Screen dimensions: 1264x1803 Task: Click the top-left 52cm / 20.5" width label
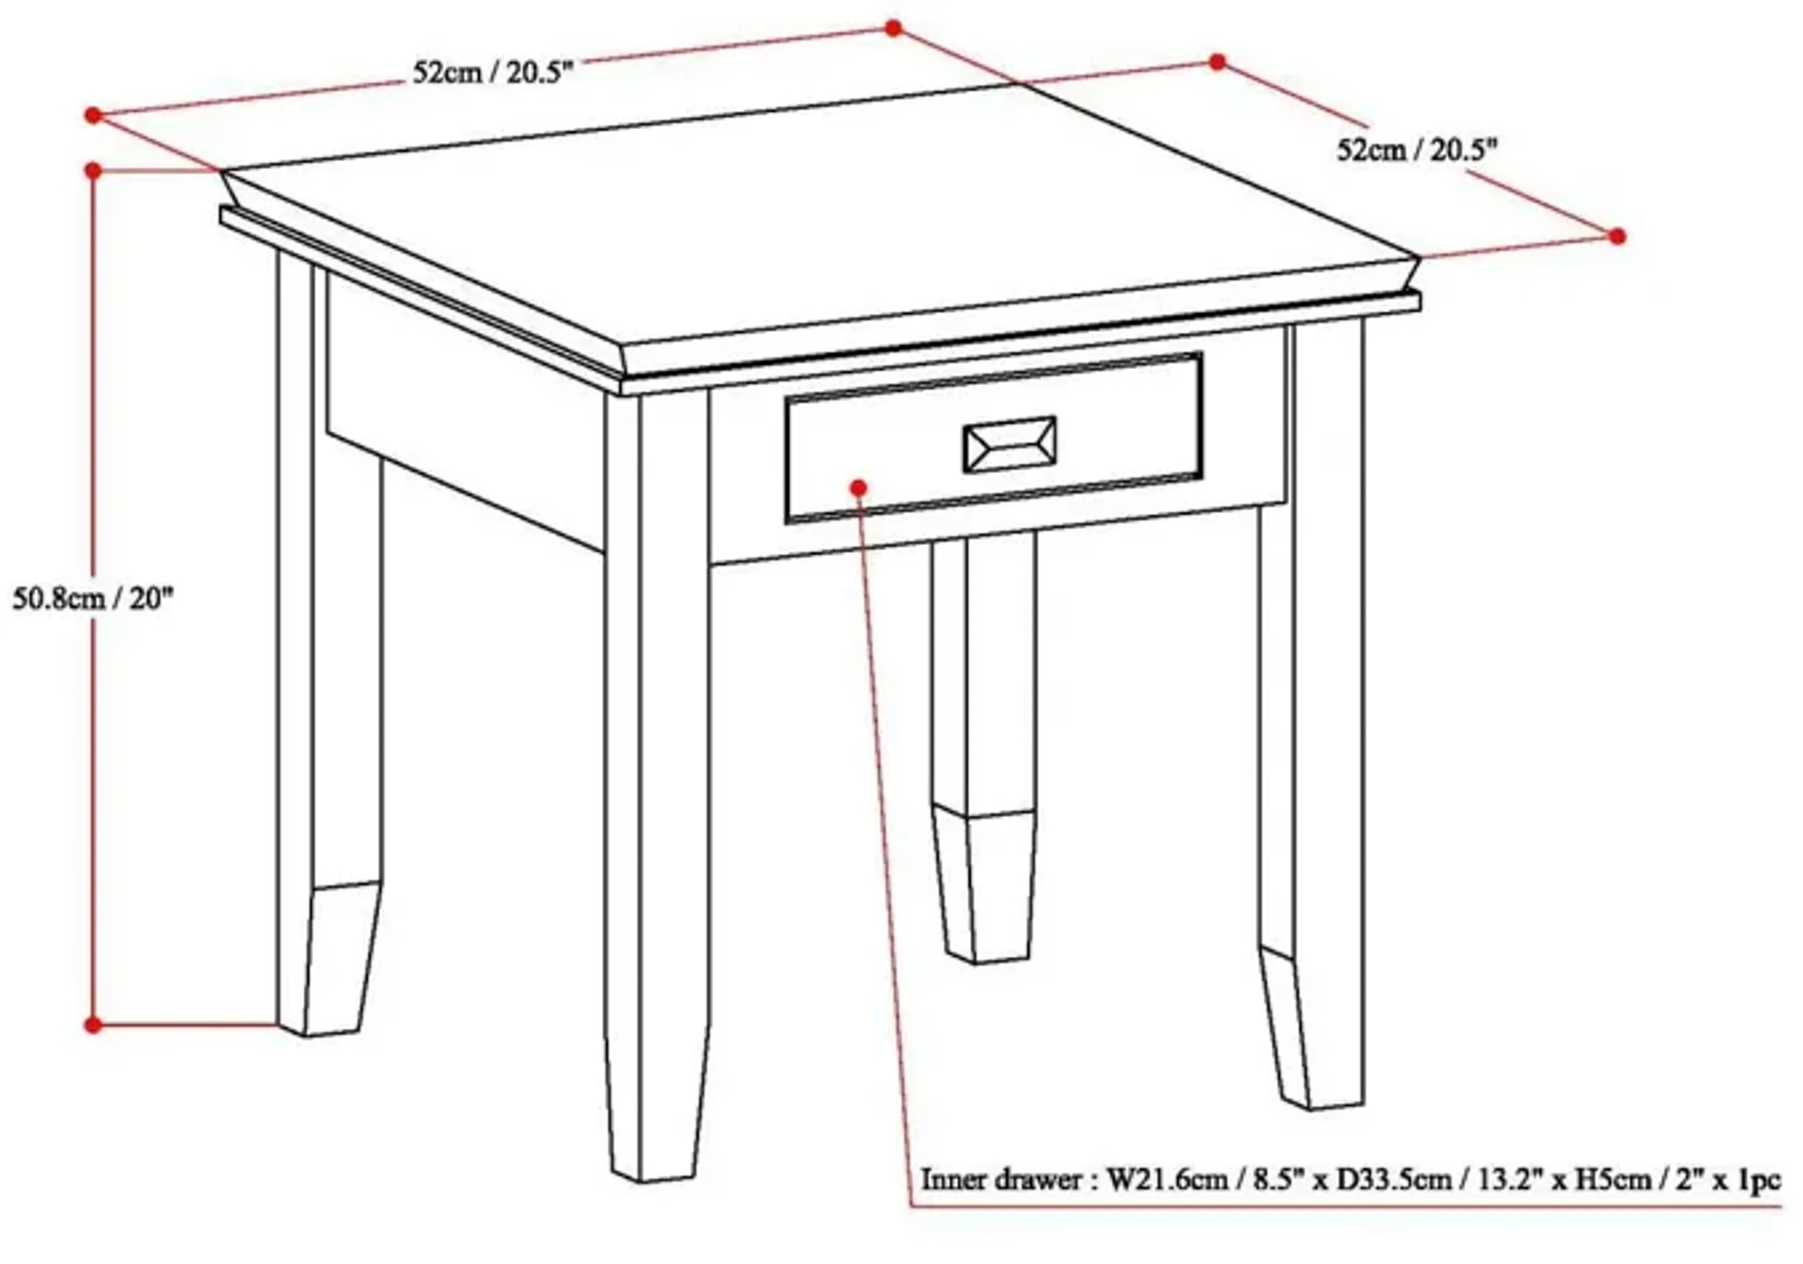point(493,73)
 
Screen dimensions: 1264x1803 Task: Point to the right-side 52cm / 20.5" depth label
point(1418,149)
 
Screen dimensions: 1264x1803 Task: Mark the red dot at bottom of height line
point(92,1025)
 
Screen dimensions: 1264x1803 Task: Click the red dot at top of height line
point(92,170)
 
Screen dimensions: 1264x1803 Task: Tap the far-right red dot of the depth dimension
point(1617,236)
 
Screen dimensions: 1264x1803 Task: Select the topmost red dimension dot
point(893,28)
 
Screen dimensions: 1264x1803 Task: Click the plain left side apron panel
point(463,408)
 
